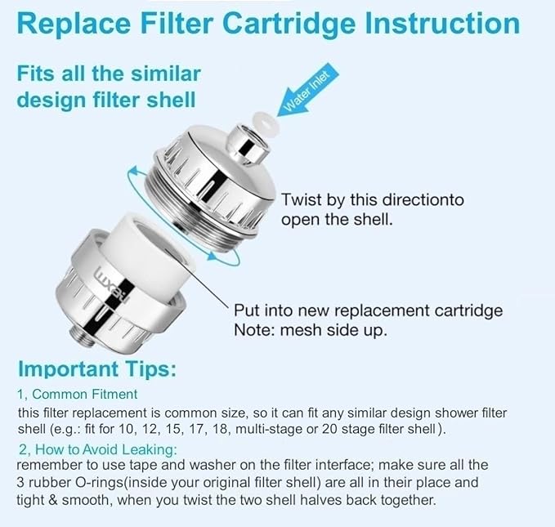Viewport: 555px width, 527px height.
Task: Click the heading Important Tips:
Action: coord(97,369)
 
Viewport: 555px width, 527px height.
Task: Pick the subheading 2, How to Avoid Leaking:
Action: coord(97,449)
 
